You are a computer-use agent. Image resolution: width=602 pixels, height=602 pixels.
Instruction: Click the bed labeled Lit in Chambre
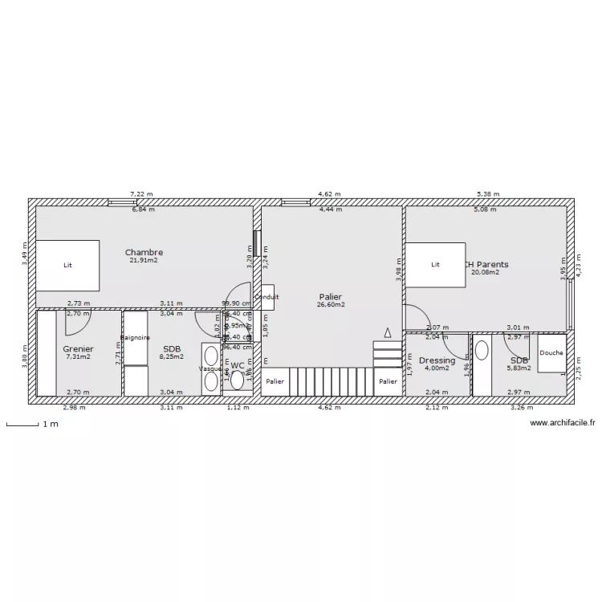[67, 265]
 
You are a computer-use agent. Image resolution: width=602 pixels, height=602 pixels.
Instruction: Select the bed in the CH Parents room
[435, 264]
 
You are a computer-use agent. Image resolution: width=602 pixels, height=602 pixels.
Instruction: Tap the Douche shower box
[551, 354]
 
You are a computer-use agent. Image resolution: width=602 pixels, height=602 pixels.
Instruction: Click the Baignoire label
[136, 338]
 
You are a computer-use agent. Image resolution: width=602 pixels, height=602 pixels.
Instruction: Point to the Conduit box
[266, 297]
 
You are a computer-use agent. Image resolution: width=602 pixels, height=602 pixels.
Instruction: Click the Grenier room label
[78, 349]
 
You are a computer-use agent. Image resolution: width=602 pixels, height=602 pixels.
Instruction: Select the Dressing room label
[437, 360]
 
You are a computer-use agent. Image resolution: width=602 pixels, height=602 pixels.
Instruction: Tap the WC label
[238, 365]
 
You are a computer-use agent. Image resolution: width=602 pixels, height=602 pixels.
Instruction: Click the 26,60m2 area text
[330, 305]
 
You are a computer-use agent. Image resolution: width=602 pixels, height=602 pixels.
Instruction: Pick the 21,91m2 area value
[144, 260]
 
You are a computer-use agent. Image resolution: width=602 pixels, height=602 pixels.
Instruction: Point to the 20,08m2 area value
[485, 272]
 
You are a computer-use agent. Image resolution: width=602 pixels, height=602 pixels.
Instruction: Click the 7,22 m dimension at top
[141, 194]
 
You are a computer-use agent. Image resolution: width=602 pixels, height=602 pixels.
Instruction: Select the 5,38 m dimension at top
[487, 194]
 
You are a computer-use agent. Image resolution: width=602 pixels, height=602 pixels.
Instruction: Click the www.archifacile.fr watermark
[563, 422]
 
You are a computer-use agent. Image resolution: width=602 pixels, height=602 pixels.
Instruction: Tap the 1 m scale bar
[24, 424]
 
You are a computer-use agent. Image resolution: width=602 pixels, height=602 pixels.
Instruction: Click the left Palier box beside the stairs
[275, 382]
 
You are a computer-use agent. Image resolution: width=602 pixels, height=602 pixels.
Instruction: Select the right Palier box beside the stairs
[388, 382]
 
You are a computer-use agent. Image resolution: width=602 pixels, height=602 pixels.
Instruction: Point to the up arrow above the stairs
[388, 332]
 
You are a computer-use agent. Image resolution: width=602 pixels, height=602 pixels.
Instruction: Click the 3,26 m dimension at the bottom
[522, 407]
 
